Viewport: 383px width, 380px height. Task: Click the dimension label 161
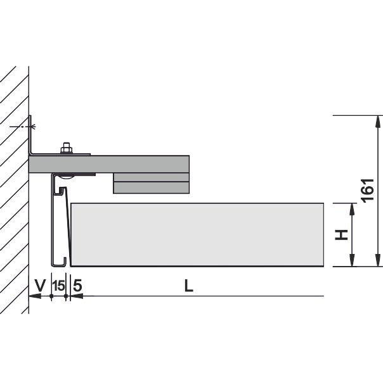tap(368, 191)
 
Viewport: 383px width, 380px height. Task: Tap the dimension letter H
tap(341, 235)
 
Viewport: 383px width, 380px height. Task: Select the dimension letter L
tap(188, 286)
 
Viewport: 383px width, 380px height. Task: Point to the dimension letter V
tap(41, 285)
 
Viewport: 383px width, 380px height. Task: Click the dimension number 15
tap(59, 286)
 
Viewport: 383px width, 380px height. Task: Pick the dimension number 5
tap(77, 286)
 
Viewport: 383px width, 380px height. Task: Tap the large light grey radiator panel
tap(197, 234)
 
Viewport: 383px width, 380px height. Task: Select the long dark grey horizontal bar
tap(109, 164)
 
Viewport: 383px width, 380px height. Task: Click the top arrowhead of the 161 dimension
tap(378, 122)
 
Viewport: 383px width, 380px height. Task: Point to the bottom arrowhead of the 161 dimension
tap(378, 260)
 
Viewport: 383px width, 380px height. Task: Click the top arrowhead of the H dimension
tap(352, 209)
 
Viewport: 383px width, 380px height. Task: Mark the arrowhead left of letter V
tap(35, 296)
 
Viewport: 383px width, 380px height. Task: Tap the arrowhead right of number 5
tap(77, 296)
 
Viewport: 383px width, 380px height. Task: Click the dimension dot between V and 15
tap(51, 296)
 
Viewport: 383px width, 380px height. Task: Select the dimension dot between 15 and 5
tap(66, 296)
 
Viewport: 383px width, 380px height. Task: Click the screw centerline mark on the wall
tap(23, 127)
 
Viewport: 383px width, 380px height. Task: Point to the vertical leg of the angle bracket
tap(30, 135)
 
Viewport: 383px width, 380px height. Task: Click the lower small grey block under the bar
tap(151, 187)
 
